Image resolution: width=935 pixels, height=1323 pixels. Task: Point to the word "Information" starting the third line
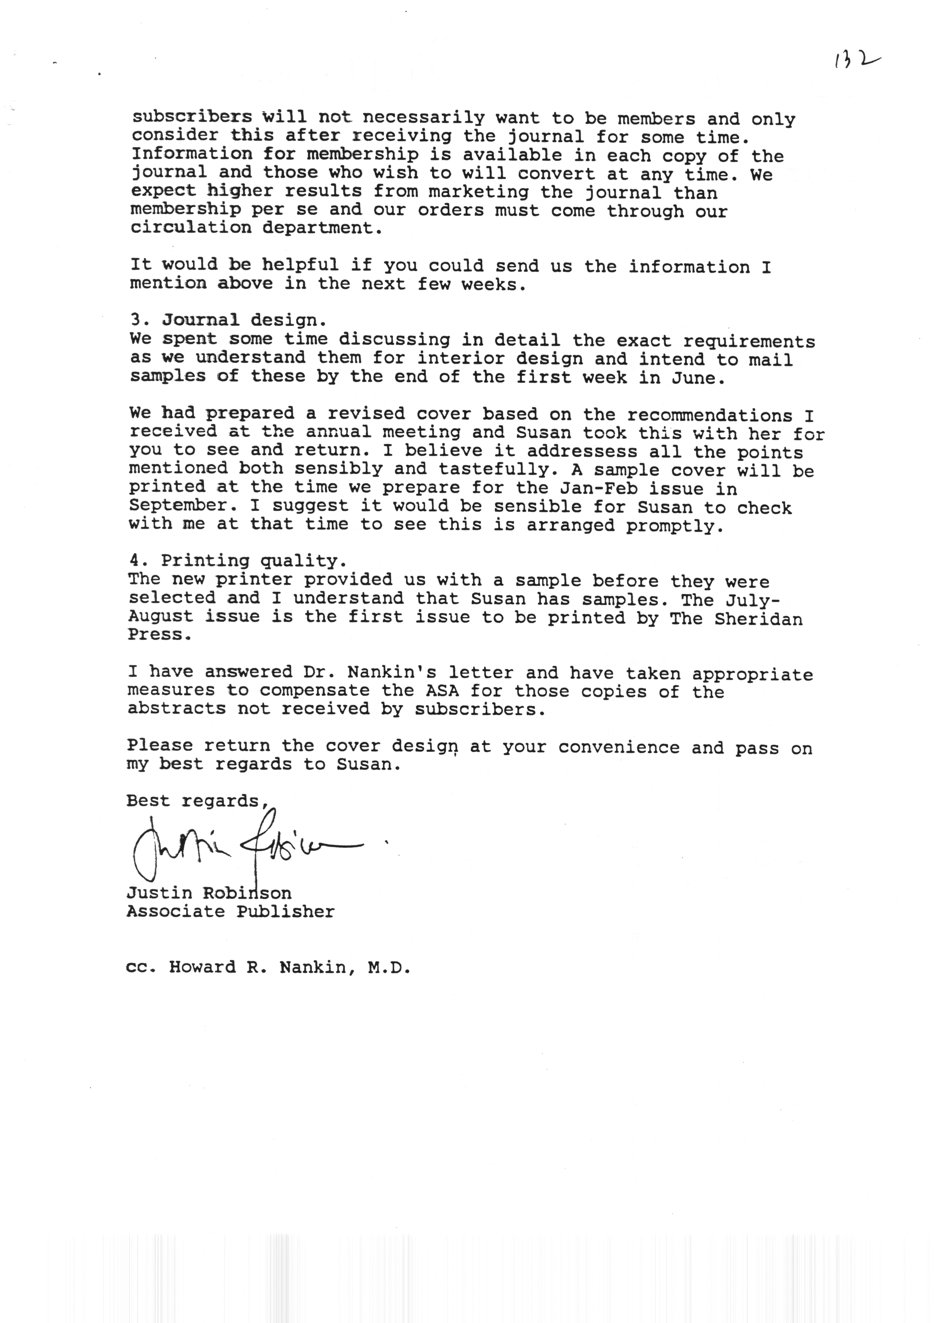pos(192,154)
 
